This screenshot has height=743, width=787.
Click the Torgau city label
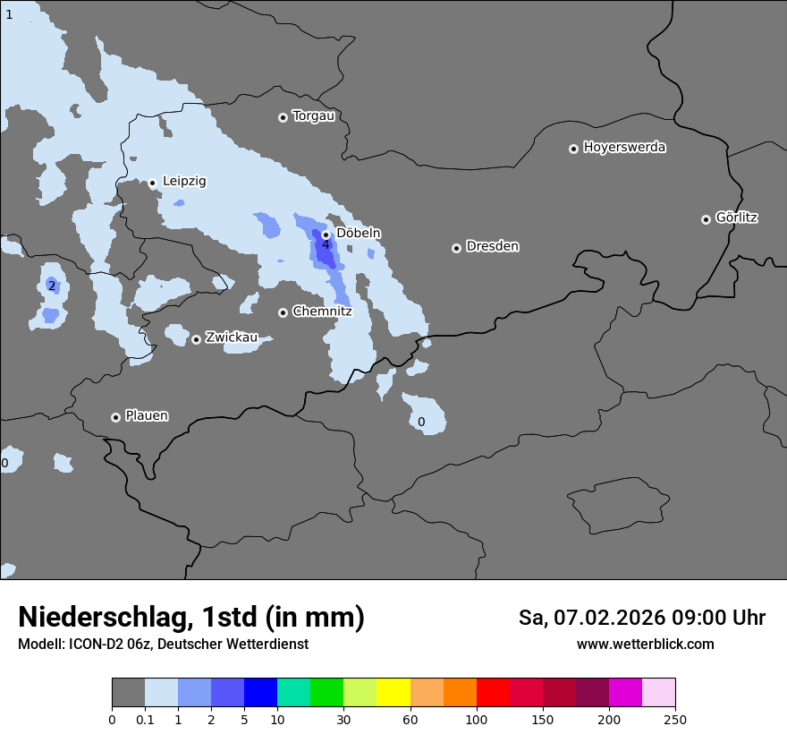313,116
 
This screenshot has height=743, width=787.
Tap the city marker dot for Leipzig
152,183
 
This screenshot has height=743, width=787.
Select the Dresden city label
492,246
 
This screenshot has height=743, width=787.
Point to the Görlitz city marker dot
706,219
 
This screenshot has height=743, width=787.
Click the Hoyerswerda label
624,148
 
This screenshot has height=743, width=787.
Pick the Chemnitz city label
322,312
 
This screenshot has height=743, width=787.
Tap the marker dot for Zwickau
196,339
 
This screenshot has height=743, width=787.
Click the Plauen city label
147,416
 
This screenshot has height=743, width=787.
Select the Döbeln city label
358,233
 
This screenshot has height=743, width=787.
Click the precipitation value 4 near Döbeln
326,244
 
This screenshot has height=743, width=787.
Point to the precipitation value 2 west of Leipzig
52,286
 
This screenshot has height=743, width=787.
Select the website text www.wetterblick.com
645,644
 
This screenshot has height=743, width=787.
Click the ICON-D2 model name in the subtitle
97,644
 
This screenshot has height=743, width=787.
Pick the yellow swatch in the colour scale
393,693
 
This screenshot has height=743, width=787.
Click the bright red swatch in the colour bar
493,693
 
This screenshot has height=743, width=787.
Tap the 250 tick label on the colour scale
675,719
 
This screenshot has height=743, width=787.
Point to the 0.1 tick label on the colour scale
145,719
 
